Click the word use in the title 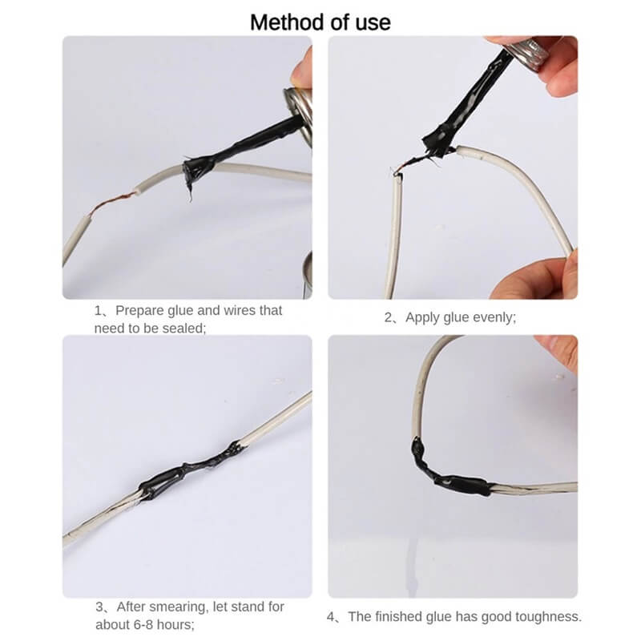(373, 23)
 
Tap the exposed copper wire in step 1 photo (112, 203)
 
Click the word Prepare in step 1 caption (139, 311)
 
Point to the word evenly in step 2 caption (494, 317)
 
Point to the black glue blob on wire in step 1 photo (197, 168)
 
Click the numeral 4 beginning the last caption (330, 617)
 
